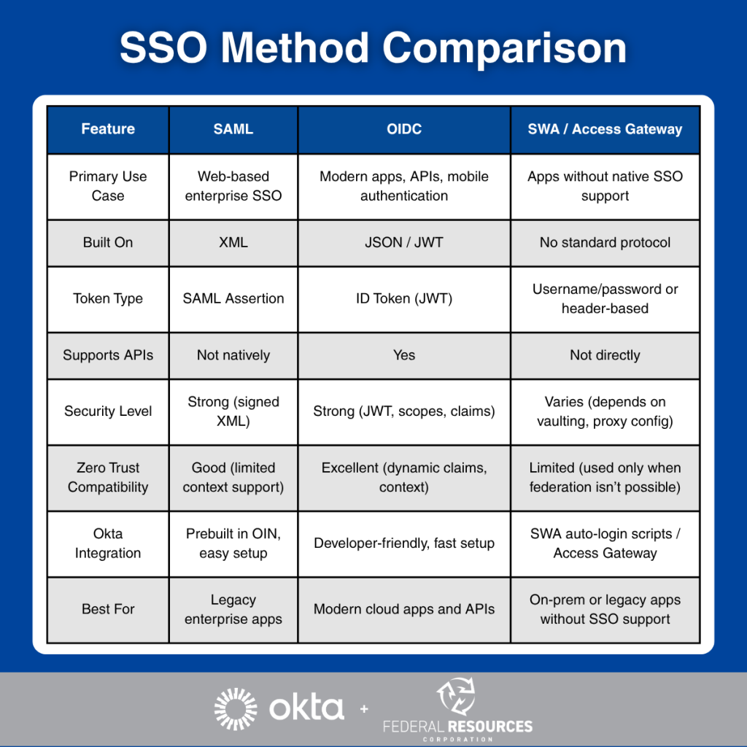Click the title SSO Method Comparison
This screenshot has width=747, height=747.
click(x=373, y=49)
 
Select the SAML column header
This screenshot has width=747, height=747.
click(x=233, y=129)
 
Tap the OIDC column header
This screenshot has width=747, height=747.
click(x=404, y=129)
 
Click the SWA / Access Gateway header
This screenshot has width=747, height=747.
click(x=605, y=129)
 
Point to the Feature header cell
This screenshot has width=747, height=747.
click(x=108, y=129)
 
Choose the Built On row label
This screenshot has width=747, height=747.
click(x=108, y=242)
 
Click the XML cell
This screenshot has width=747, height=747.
click(x=233, y=242)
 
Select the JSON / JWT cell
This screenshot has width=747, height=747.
click(x=404, y=242)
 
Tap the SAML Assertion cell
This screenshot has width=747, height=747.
click(x=233, y=298)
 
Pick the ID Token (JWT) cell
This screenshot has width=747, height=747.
click(x=404, y=298)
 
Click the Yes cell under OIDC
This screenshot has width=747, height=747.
click(x=404, y=355)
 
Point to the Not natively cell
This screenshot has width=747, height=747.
click(x=233, y=355)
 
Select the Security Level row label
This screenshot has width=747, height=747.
click(x=108, y=411)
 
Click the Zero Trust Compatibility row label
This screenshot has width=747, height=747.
click(x=108, y=477)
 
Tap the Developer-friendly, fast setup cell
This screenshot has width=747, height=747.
click(x=404, y=543)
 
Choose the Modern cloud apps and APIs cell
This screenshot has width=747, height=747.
click(x=404, y=609)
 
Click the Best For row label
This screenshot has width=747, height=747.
click(x=108, y=609)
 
